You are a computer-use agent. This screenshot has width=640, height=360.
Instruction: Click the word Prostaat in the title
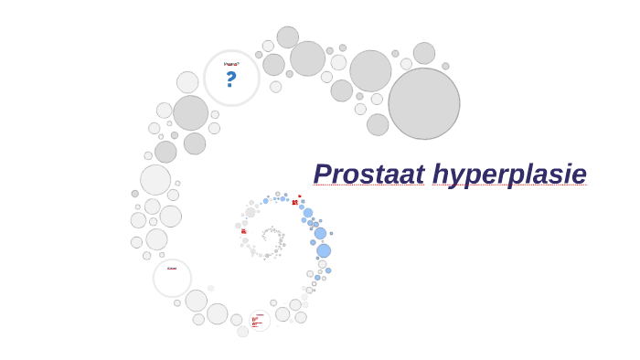tap(368, 174)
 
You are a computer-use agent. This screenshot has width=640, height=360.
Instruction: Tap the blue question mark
tap(230, 80)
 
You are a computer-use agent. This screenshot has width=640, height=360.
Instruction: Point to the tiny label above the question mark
tap(231, 64)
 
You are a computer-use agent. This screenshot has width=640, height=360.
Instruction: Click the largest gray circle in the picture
tap(423, 103)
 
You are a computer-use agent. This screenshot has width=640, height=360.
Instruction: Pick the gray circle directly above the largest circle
tap(424, 53)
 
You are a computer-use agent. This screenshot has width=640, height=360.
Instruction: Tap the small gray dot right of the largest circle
tap(445, 66)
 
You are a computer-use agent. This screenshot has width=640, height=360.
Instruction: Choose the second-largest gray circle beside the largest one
tap(370, 70)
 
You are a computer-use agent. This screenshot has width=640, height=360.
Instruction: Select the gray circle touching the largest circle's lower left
tap(378, 124)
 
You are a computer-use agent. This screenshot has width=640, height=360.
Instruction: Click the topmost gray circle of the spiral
tap(287, 37)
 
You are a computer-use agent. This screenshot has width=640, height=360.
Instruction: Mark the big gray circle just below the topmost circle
tap(307, 58)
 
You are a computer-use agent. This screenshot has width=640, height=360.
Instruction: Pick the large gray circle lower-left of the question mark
tap(190, 113)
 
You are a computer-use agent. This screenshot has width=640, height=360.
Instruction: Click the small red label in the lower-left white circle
tap(172, 269)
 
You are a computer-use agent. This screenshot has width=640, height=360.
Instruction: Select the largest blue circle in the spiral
tap(324, 250)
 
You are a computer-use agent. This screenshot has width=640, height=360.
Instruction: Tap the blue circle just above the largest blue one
tap(320, 234)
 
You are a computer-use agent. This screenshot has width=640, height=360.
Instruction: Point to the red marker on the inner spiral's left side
tap(243, 232)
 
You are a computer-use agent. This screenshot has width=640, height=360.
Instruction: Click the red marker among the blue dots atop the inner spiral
tap(294, 202)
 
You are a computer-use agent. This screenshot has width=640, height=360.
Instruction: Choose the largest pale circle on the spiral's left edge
tap(155, 179)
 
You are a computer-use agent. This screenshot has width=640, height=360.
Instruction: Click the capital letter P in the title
tap(323, 174)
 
